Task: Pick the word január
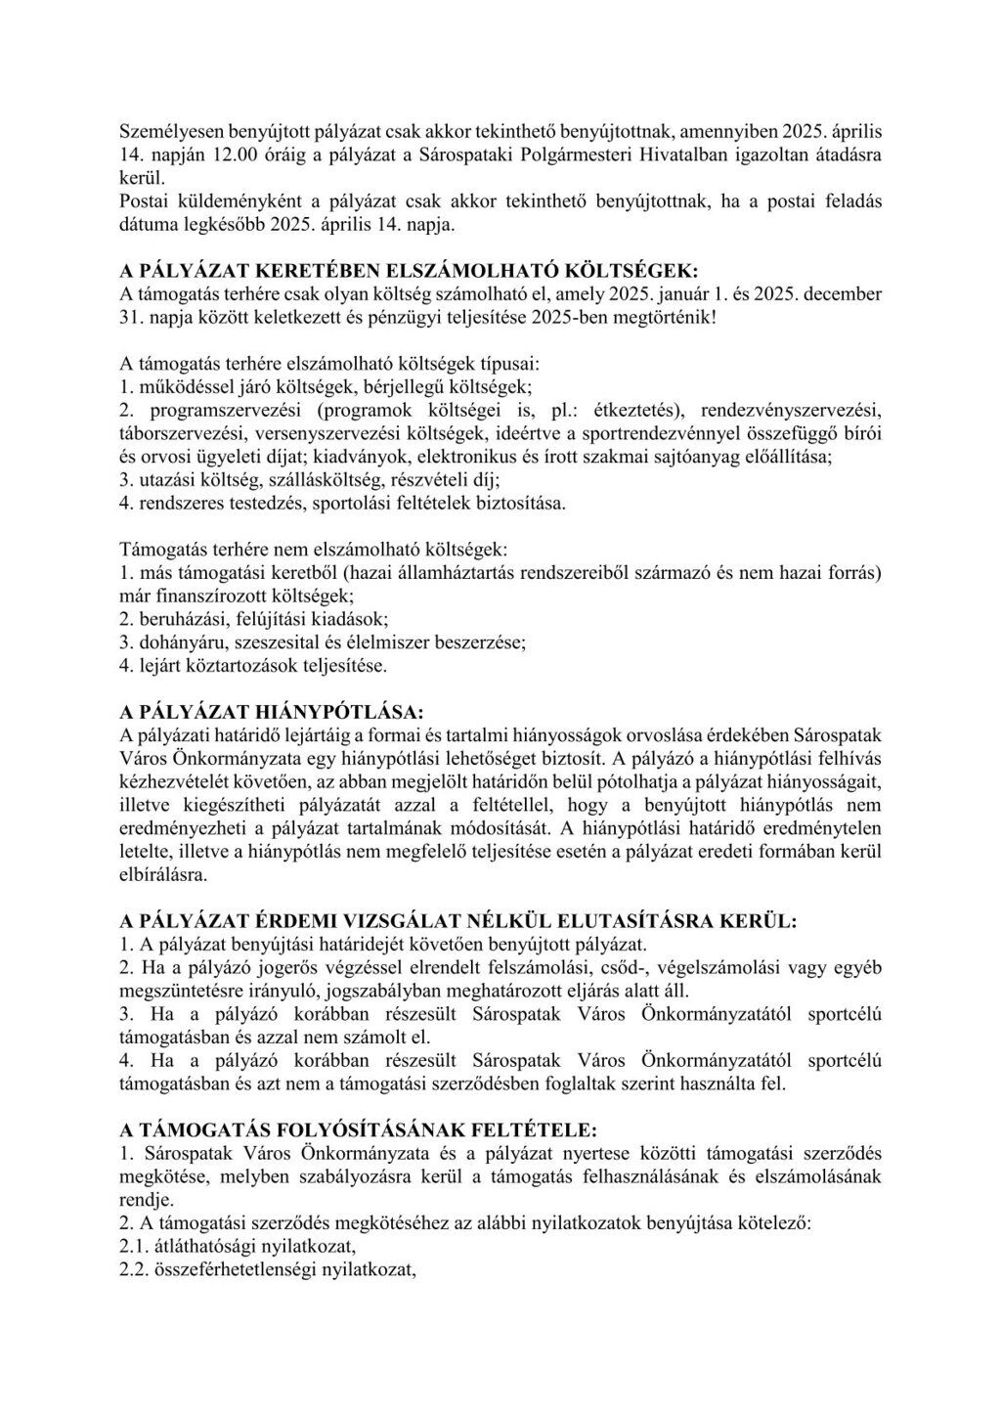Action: coord(692,294)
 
